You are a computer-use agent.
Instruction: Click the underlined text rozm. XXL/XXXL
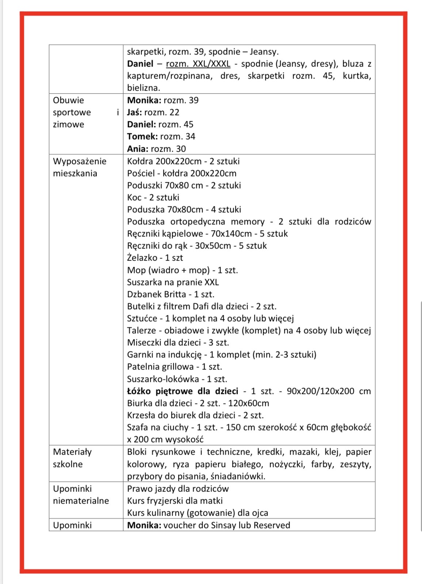click(x=198, y=64)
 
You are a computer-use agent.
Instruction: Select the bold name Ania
click(x=138, y=149)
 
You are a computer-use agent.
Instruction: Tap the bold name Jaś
click(x=134, y=113)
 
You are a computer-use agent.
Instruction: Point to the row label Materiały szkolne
click(x=72, y=458)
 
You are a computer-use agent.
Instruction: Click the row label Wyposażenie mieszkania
click(x=80, y=167)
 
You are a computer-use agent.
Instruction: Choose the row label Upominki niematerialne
click(x=81, y=494)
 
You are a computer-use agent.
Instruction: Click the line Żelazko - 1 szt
click(x=155, y=258)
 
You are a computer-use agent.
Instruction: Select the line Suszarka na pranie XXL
click(x=173, y=282)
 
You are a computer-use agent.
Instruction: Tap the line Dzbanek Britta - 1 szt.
click(x=171, y=294)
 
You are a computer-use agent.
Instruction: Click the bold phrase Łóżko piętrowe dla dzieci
click(x=182, y=391)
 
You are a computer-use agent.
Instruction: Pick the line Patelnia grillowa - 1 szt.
click(x=174, y=367)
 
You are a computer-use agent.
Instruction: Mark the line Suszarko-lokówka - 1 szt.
click(x=177, y=379)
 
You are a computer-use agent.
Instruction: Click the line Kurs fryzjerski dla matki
click(x=175, y=501)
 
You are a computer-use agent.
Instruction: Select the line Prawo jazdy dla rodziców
click(x=178, y=489)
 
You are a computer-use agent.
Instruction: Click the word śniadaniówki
click(x=239, y=476)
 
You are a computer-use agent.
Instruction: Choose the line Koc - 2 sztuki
click(x=153, y=197)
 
